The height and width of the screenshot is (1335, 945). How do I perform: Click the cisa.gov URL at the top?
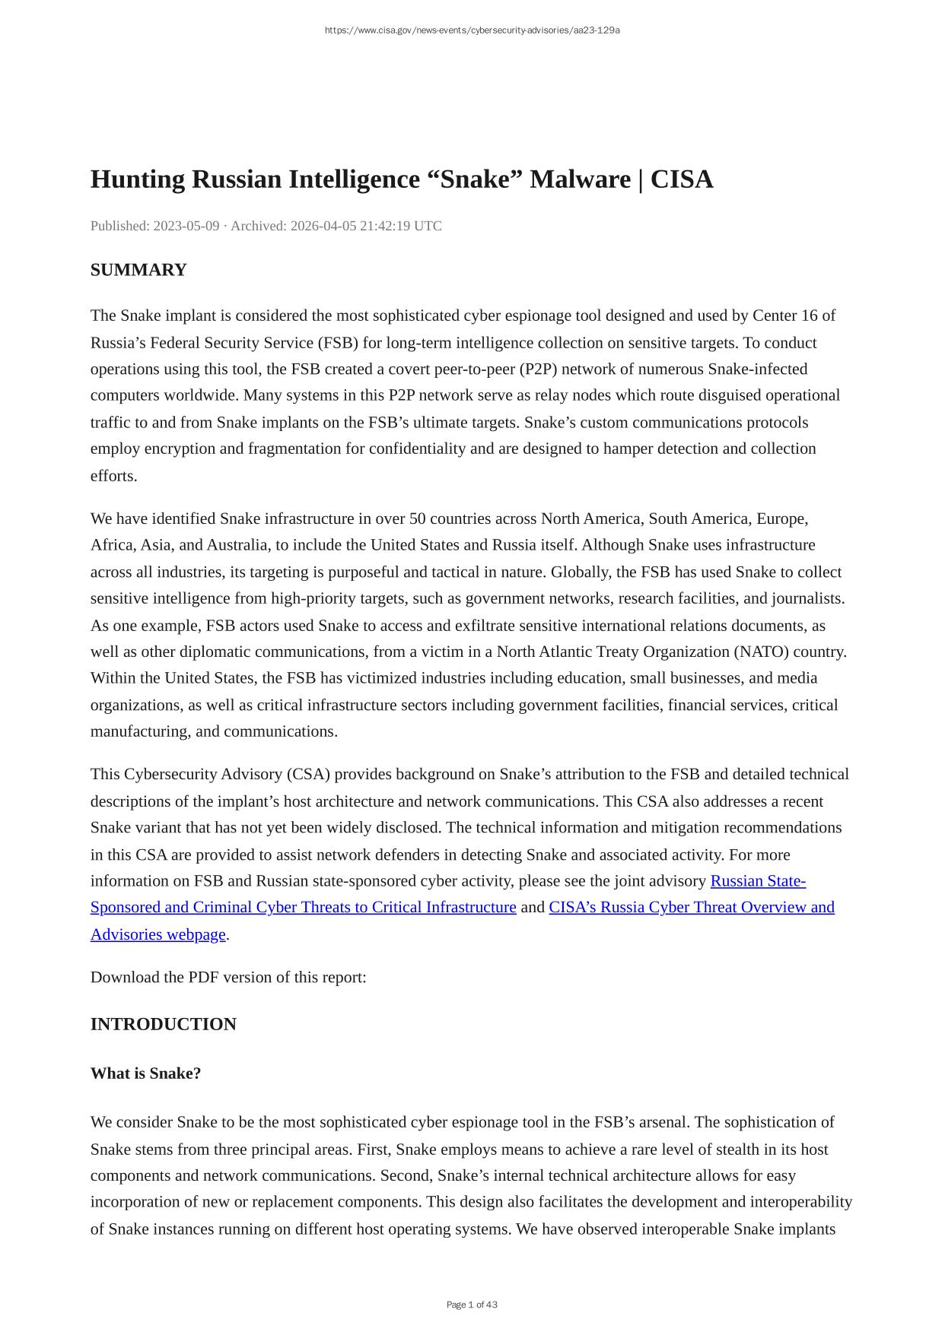point(472,30)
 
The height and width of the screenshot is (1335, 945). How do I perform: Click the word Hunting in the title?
point(138,180)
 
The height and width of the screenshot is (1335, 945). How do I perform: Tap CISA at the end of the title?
point(682,180)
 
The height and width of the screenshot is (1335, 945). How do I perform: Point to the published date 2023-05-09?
point(186,226)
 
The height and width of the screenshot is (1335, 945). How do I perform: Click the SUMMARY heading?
point(138,270)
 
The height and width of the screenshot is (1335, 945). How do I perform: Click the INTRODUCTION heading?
point(164,1024)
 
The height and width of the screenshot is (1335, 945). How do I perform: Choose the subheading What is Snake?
point(145,1073)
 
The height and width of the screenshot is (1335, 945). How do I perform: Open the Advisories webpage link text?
point(158,934)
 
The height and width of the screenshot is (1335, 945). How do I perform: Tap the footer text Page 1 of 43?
point(472,1305)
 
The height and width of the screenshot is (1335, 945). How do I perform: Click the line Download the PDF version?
point(228,977)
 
